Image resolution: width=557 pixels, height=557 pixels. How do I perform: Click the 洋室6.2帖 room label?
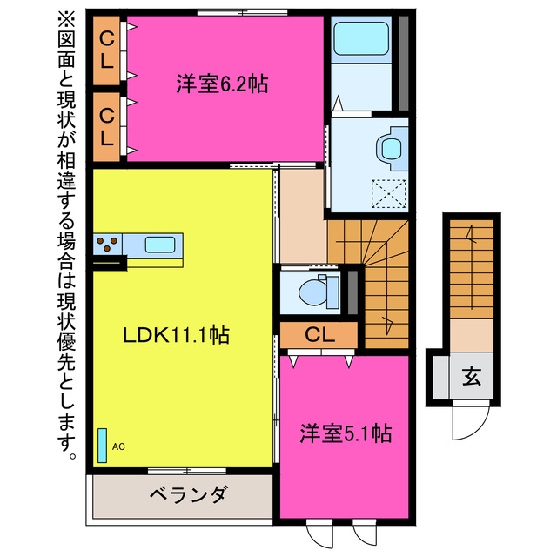[x=222, y=84]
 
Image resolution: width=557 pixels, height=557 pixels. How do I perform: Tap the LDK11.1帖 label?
[x=176, y=334]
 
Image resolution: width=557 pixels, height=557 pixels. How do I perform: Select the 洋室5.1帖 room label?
[x=346, y=433]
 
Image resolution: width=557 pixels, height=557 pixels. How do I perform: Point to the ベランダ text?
[x=188, y=493]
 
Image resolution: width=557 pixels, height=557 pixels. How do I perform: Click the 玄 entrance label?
[x=472, y=376]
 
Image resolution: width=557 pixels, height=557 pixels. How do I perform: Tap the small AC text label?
[x=118, y=446]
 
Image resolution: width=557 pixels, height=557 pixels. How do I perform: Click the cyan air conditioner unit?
[x=103, y=446]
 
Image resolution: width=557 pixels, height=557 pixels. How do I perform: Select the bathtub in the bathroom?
[x=361, y=38]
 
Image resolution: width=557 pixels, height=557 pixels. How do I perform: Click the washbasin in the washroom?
[x=391, y=149]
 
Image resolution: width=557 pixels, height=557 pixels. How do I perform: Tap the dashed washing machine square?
[x=389, y=194]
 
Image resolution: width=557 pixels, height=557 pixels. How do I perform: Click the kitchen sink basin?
[x=160, y=245]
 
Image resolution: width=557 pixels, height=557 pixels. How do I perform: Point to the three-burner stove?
[x=107, y=244]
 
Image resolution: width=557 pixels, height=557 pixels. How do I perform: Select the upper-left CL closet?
[x=106, y=50]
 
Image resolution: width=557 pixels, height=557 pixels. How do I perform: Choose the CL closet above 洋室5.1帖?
[x=319, y=334]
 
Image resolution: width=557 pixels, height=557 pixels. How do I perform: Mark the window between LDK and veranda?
[x=187, y=472]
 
